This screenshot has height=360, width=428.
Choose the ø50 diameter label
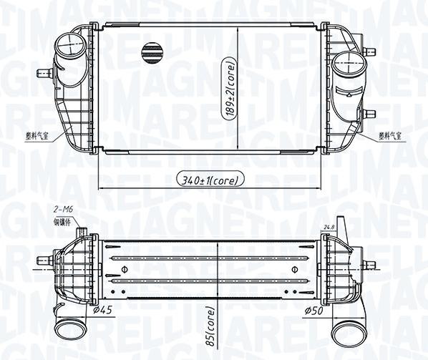coord(316,311)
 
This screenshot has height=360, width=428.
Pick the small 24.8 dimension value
coord(329,228)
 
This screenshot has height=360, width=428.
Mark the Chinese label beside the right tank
coord(390,134)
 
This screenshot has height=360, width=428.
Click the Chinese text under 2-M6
coord(64,221)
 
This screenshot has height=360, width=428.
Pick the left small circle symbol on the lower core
coord(125,270)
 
